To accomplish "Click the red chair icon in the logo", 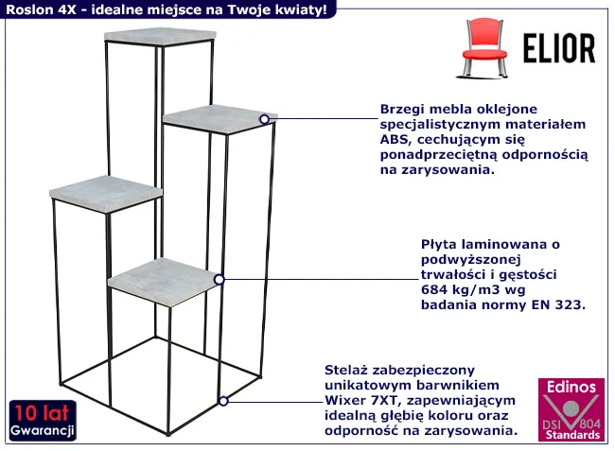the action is coord(482,48).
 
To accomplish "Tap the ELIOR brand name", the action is coord(559,48).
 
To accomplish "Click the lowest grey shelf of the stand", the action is coord(164,282).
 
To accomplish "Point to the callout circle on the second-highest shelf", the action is coord(264,119).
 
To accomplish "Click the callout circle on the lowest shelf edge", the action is coord(220,279).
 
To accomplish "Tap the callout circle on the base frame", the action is coord(223,401).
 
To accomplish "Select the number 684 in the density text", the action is coord(434,290).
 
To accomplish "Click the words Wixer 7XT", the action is coord(361,401).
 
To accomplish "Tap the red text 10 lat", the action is coord(42,412).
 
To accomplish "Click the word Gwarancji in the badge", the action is coord(43,430).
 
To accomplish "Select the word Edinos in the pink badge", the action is coord(571,387).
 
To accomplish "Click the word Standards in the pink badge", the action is coord(572,435).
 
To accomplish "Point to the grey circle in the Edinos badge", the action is coord(571,408).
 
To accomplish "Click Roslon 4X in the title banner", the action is coord(41,9).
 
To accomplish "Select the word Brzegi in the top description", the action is coord(401,110).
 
